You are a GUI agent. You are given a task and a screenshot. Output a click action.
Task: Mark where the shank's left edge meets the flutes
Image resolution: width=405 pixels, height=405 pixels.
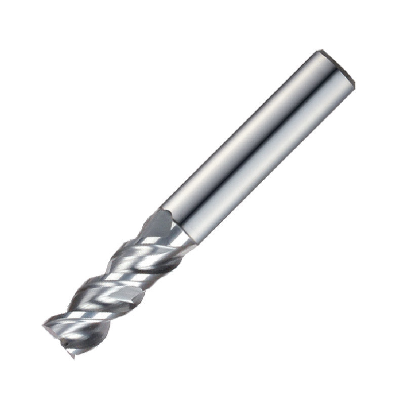[x=161, y=209]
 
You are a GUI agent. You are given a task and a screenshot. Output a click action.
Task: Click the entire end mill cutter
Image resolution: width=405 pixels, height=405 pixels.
[x=202, y=202]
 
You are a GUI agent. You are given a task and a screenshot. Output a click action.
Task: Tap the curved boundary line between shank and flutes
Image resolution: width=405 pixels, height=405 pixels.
[x=177, y=223]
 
